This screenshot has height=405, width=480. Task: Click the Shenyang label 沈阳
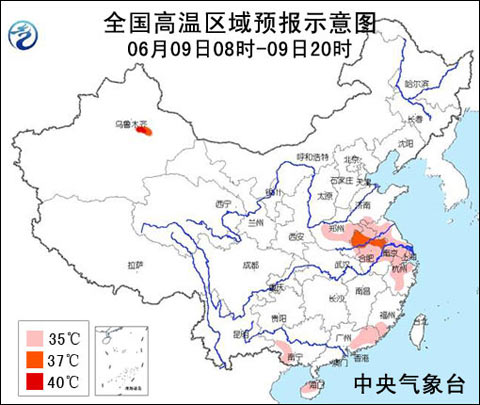(x=405, y=143)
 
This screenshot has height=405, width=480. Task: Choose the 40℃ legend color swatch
(x=36, y=381)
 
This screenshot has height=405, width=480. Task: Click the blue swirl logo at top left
(x=22, y=37)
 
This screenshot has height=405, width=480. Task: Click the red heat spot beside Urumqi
(x=146, y=131)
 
